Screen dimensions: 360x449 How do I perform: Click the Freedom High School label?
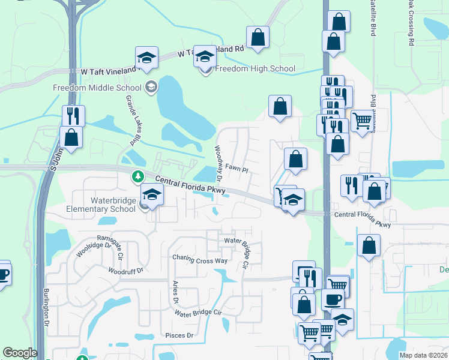tap(255, 68)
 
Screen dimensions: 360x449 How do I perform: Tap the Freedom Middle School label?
tap(97, 88)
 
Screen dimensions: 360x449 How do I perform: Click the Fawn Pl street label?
tap(237, 170)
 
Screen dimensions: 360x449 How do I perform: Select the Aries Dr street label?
tap(176, 292)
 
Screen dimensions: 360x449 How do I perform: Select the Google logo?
tap(20, 353)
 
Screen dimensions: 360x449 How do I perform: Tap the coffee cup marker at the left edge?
tap(2, 274)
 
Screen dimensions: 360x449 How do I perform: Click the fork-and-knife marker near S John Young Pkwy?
tap(73, 115)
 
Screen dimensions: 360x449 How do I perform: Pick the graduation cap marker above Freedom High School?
tap(205, 58)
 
